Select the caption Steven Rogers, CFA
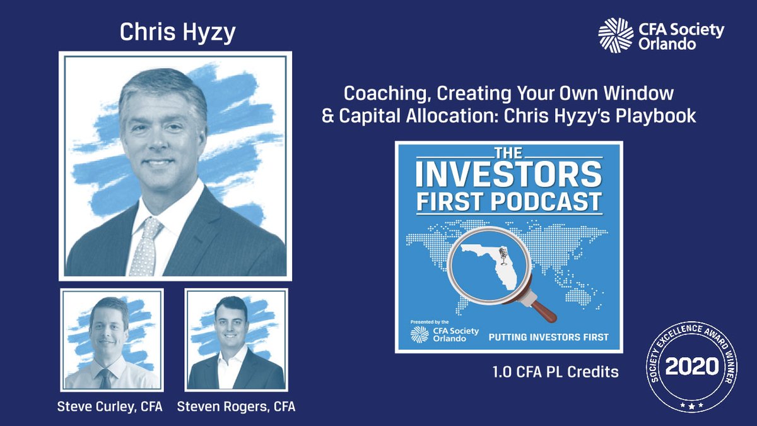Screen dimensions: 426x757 (236, 407)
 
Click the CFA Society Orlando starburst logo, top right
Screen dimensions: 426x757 (616, 35)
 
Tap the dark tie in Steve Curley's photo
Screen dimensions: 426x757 (105, 378)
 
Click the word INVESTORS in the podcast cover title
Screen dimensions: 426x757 (508, 175)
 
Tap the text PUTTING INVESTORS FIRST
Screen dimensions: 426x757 (548, 337)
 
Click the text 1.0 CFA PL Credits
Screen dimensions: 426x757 (555, 372)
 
